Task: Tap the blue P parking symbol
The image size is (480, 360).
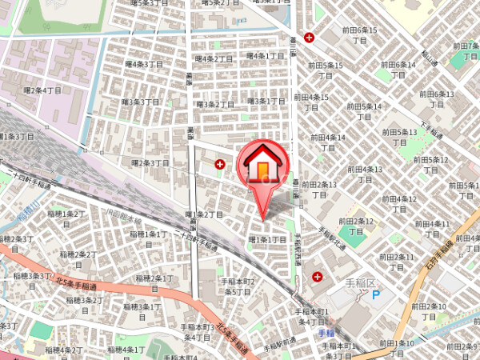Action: click(x=376, y=294)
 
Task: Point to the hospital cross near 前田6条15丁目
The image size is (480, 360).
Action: click(x=309, y=37)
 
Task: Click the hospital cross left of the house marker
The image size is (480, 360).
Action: click(x=220, y=163)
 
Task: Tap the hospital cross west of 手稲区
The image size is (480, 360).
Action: click(x=318, y=277)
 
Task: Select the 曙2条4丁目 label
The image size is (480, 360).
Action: click(x=42, y=91)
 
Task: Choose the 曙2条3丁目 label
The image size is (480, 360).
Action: click(x=150, y=163)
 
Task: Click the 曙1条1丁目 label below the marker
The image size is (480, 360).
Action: click(x=268, y=239)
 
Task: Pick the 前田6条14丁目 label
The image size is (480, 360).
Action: click(x=398, y=69)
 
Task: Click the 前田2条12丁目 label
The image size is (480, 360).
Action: click(x=356, y=226)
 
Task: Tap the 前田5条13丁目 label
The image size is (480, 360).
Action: click(x=400, y=137)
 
